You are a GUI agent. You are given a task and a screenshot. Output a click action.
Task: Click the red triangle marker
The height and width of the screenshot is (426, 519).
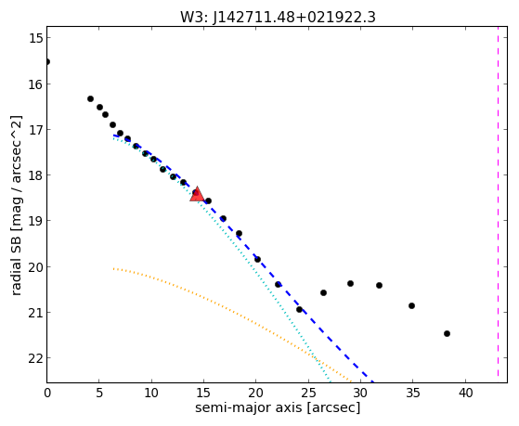click(x=197, y=194)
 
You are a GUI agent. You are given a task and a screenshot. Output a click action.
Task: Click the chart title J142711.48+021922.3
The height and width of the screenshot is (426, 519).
click(x=294, y=18)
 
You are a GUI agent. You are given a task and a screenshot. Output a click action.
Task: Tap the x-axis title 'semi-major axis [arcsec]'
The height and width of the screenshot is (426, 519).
click(x=278, y=407)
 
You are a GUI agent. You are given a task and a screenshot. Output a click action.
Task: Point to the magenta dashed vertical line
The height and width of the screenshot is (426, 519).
click(x=498, y=204)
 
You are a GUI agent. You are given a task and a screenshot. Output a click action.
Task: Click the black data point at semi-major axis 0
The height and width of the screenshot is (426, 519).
click(x=47, y=62)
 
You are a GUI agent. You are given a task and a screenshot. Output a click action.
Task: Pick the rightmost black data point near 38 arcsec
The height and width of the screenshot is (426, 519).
click(x=447, y=333)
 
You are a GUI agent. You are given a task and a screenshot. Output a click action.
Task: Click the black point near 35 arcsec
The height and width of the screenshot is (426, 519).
click(x=411, y=306)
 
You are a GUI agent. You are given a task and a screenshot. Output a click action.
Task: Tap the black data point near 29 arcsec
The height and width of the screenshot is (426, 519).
click(x=350, y=284)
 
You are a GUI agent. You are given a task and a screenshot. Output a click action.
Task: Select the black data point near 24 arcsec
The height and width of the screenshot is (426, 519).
click(x=299, y=309)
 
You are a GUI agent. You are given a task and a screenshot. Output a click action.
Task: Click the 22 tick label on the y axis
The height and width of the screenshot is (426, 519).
click(x=36, y=358)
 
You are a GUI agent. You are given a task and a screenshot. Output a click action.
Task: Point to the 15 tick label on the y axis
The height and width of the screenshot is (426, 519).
click(x=36, y=38)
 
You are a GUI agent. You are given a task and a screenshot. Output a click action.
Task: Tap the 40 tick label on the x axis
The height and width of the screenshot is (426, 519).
click(x=465, y=394)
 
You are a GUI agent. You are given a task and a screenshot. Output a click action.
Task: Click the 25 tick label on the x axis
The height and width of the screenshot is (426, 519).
click(x=308, y=394)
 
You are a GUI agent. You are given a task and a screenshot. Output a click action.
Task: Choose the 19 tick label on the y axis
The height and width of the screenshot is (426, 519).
click(x=36, y=221)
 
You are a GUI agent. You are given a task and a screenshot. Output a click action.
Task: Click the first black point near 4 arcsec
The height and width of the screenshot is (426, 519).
click(x=90, y=98)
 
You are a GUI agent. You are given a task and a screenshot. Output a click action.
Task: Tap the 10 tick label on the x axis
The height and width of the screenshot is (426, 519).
click(x=151, y=394)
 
